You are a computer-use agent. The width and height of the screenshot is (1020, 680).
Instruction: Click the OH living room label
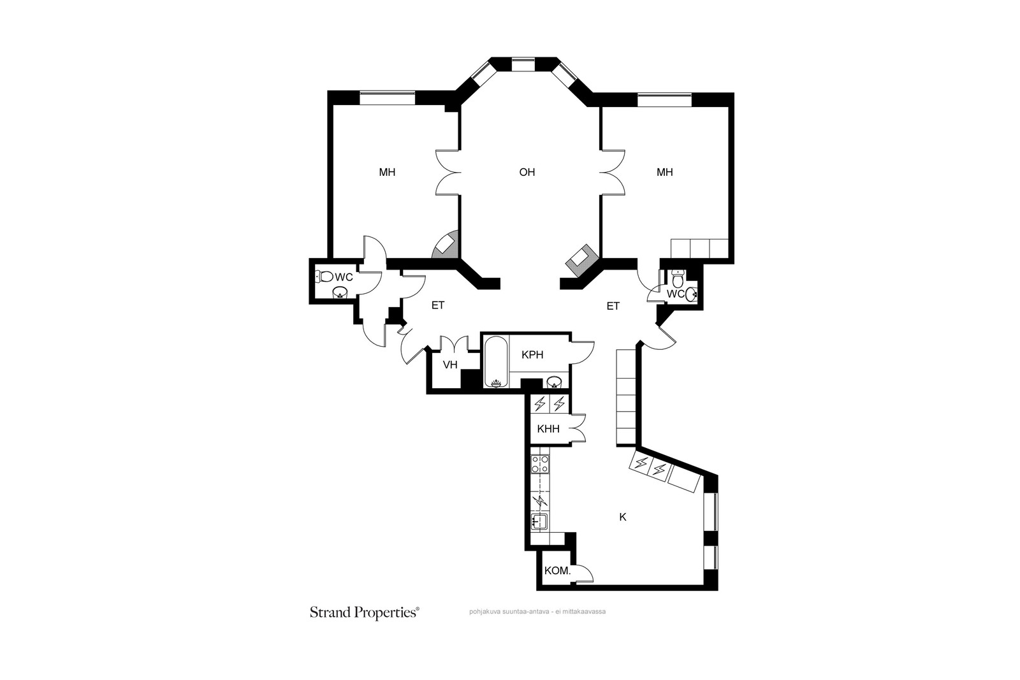[527, 172]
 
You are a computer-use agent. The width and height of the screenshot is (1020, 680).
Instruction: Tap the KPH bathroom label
[532, 355]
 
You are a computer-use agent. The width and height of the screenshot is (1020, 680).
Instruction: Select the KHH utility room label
[548, 429]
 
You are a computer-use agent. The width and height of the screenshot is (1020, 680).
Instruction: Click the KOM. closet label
[557, 571]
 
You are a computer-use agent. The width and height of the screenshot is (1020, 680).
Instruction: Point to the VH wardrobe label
[450, 365]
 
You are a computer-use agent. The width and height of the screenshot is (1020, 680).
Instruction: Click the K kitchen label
[623, 517]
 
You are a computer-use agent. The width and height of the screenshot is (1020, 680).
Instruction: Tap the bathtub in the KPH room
[496, 362]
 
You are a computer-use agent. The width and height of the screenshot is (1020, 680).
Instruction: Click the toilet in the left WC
[325, 277]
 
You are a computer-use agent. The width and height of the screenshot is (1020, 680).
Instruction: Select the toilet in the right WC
[678, 279]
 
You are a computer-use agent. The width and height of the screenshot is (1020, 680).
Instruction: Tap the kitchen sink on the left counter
[539, 522]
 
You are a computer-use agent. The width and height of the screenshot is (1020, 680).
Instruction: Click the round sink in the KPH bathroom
[554, 382]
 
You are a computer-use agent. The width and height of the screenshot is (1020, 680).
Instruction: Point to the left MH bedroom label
[387, 172]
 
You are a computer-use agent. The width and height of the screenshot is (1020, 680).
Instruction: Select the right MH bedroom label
[665, 172]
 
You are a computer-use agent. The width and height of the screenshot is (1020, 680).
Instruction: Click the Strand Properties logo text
[364, 612]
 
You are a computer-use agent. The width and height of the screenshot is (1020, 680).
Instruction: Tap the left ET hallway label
[437, 306]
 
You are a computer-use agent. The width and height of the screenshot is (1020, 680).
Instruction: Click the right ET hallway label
[613, 307]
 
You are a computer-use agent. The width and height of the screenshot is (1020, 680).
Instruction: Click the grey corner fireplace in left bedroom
[445, 246]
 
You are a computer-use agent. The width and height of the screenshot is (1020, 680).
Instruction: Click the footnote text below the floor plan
[537, 612]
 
